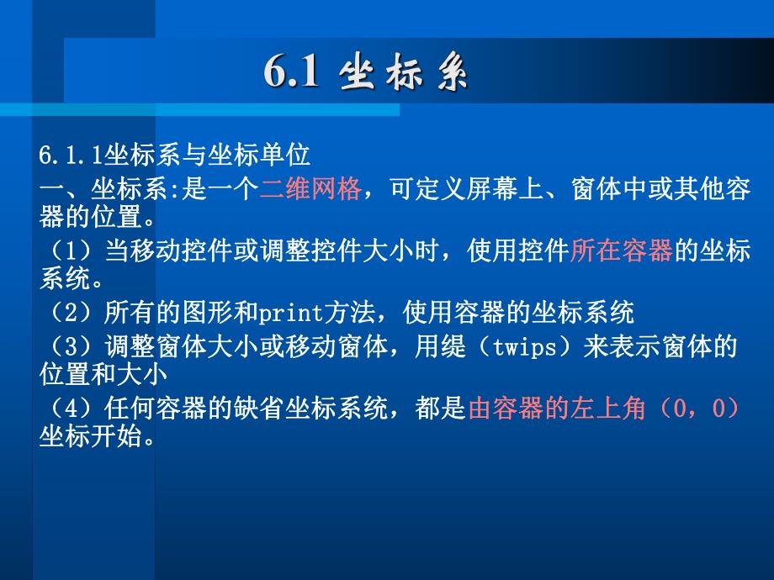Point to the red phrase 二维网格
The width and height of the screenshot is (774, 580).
[x=310, y=188]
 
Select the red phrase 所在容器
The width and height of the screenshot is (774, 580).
[x=621, y=251]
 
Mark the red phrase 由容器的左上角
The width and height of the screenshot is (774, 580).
[x=556, y=409]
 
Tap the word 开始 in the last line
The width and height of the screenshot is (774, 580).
[x=117, y=438]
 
